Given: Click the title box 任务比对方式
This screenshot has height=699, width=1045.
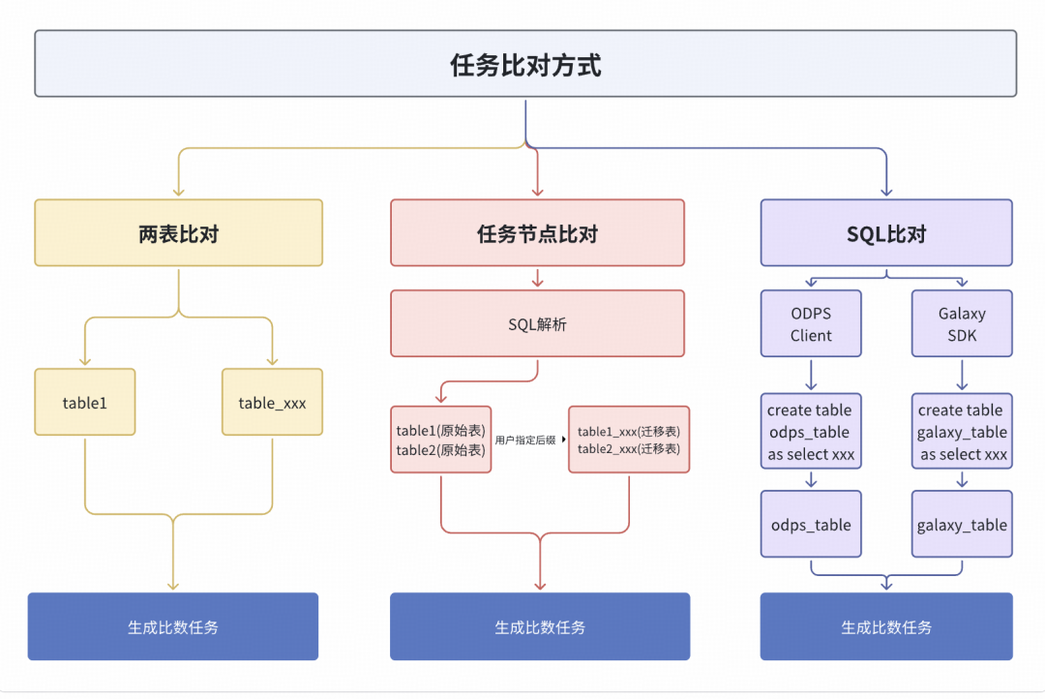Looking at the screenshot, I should tap(525, 64).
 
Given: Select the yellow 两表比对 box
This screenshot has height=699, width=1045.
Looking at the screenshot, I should tap(178, 233).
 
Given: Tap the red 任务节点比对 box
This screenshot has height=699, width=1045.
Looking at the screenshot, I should tap(537, 233).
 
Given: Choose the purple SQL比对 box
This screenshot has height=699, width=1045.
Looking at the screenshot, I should tap(886, 233).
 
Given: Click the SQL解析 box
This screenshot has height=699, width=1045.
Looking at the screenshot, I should tap(537, 323).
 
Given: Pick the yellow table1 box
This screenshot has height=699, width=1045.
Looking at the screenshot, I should tap(84, 402).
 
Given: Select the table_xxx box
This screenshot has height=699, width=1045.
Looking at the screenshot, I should tap(272, 402).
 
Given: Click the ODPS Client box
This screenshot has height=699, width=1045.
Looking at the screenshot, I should tap(811, 324).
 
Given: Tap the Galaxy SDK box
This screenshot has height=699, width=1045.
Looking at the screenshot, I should tap(962, 324).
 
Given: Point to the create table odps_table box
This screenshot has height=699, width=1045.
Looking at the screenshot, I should tap(811, 432).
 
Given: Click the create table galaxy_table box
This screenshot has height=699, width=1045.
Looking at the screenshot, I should tap(962, 432).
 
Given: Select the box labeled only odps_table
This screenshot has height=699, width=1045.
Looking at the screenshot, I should tap(811, 525).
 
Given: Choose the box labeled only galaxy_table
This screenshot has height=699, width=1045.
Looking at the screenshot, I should tap(962, 525).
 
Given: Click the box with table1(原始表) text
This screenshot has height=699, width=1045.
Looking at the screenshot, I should tap(441, 440).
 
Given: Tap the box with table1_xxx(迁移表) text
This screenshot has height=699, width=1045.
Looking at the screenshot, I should tap(629, 440).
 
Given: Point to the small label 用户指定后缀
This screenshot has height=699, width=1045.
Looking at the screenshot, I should tap(525, 440).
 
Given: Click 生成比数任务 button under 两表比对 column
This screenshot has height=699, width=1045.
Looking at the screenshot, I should tap(172, 626).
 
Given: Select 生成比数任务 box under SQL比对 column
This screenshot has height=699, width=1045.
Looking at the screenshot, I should tap(886, 626).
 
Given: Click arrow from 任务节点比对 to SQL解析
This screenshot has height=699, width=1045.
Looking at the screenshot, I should tap(537, 278).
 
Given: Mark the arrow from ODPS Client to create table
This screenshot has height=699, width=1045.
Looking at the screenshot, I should tap(811, 376).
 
